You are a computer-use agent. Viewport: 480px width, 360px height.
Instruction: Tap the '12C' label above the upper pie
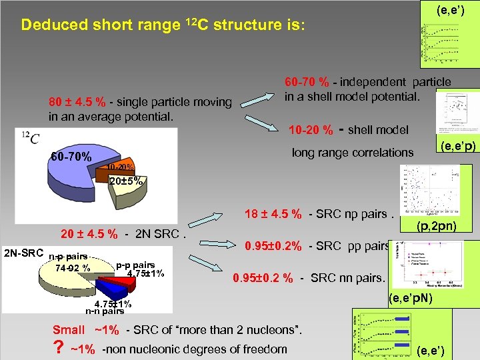click(31, 138)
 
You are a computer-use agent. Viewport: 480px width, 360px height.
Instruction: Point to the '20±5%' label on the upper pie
click(125, 180)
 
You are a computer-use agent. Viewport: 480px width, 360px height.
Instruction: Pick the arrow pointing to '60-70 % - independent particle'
click(257, 101)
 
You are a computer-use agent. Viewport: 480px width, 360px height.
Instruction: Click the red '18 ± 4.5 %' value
click(273, 214)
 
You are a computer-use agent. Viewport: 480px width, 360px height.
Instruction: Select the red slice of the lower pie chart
click(121, 289)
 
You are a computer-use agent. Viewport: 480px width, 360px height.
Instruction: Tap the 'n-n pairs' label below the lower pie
click(104, 311)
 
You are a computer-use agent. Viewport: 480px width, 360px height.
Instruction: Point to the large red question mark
click(58, 349)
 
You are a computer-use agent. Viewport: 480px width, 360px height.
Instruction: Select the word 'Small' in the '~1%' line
click(69, 329)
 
